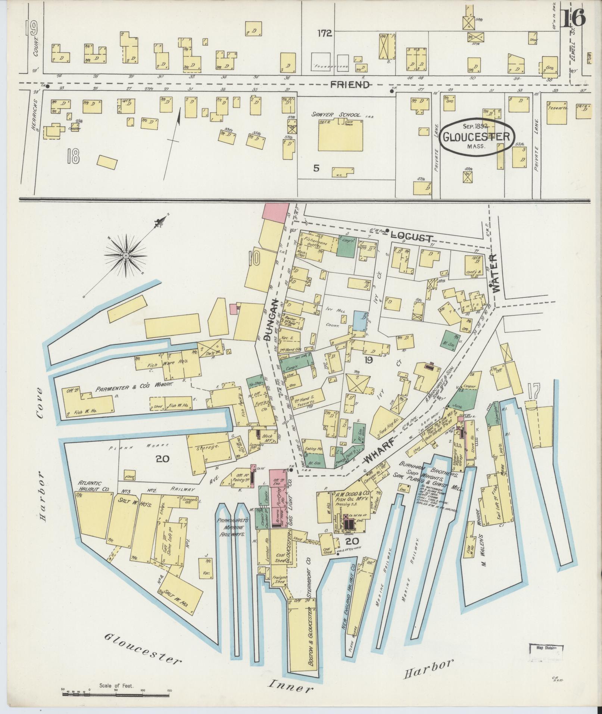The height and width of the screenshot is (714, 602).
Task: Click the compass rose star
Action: click(126, 255)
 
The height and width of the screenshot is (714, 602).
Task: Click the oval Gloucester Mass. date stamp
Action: click(476, 136)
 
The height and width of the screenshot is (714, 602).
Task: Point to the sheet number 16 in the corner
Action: click(574, 18)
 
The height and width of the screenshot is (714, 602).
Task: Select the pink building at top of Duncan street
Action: click(276, 211)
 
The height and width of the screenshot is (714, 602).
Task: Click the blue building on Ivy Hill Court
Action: click(360, 321)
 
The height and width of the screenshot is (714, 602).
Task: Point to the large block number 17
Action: click(535, 392)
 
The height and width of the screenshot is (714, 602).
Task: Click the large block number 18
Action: click(73, 157)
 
